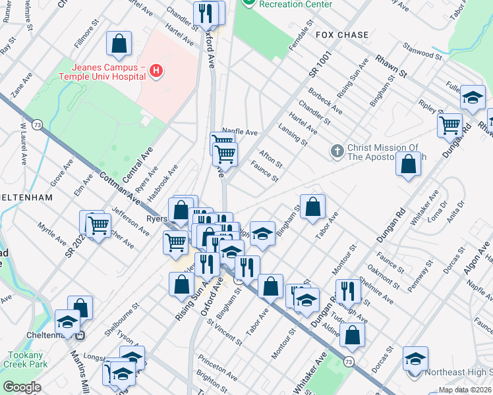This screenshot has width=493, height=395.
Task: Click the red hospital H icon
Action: (x=156, y=70)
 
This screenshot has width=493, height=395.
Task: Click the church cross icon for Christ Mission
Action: (x=337, y=151)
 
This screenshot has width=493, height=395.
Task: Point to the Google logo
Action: (x=22, y=387)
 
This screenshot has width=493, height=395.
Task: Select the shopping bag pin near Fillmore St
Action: (x=119, y=44)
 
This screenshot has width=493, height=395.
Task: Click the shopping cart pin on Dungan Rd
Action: (x=450, y=124)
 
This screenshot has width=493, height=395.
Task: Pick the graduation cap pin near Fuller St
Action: (x=473, y=98)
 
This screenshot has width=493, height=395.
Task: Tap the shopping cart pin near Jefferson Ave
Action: (x=98, y=225)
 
